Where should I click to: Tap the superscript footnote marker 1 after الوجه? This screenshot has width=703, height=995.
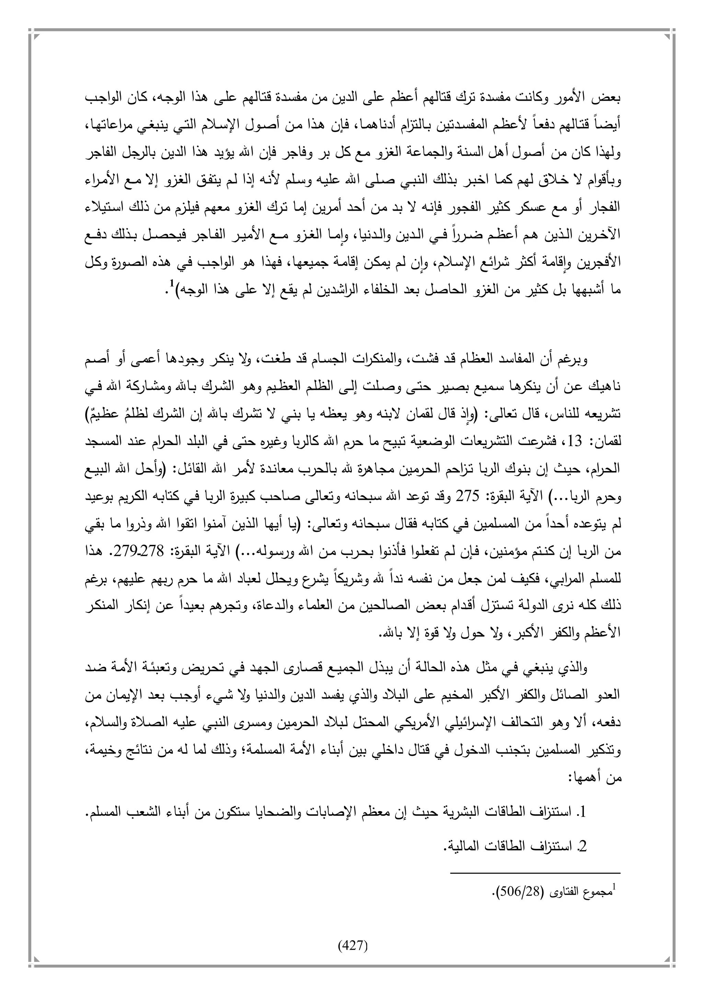(x=171, y=284)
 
